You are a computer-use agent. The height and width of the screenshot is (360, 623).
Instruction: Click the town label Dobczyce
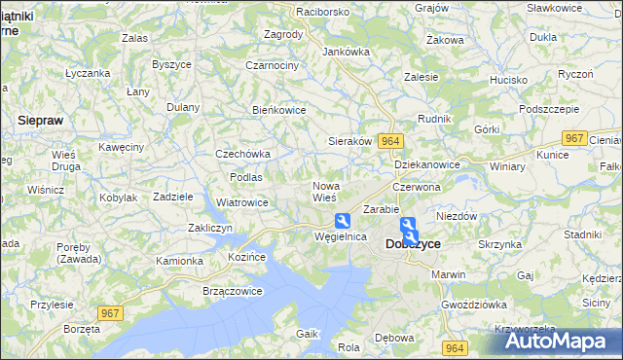[413, 244]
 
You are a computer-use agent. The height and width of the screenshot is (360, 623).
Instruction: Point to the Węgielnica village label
[340, 236]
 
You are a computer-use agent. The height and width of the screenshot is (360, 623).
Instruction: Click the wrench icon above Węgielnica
[342, 221]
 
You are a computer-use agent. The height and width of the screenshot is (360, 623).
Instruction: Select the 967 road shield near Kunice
[575, 139]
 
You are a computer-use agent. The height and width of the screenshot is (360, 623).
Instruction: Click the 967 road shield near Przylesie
[110, 313]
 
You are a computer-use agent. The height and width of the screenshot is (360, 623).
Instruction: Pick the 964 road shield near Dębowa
[453, 347]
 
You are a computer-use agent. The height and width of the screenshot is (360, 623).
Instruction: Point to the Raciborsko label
[296, 12]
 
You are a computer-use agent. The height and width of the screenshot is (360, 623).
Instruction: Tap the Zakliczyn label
[209, 228]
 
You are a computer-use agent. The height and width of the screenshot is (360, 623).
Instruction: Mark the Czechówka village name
[242, 154]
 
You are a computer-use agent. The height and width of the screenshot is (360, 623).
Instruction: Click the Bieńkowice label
[279, 110]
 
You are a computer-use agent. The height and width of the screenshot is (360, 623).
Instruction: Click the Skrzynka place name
[500, 244]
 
